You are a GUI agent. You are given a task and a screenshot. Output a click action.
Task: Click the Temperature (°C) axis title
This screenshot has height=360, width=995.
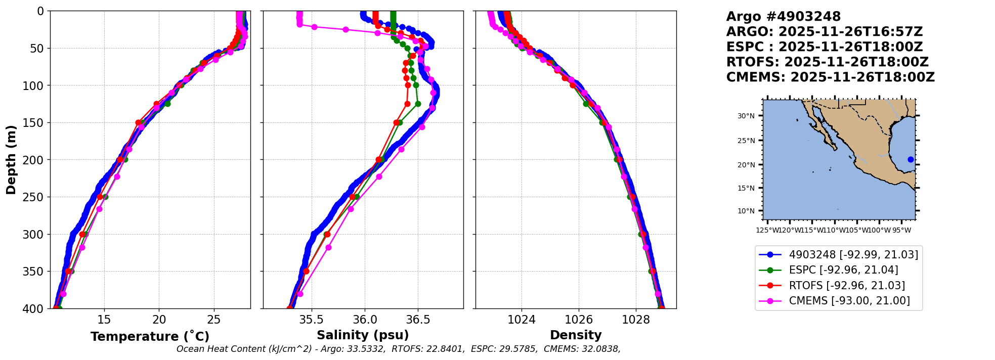[150, 337]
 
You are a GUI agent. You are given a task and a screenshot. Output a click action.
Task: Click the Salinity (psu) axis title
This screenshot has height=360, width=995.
[363, 335]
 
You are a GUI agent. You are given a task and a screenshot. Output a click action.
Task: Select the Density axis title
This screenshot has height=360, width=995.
[576, 335]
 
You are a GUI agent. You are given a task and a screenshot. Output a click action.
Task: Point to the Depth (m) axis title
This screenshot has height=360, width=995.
[11, 160]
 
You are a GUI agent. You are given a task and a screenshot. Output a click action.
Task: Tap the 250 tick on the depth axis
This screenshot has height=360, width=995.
[35, 197]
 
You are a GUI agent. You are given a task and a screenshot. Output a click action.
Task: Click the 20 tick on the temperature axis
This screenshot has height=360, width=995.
[159, 320]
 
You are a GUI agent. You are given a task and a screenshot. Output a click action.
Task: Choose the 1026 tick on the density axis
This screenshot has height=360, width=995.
[578, 320]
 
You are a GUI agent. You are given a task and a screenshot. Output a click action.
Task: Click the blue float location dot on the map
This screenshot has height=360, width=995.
[911, 159]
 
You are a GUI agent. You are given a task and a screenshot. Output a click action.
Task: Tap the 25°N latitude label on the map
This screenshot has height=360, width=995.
[746, 141]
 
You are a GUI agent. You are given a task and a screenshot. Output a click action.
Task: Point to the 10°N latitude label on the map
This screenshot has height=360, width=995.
[746, 211]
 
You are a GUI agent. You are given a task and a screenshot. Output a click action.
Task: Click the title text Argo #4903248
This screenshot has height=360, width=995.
[783, 17]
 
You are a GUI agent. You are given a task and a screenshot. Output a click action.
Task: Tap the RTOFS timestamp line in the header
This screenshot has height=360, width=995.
[827, 62]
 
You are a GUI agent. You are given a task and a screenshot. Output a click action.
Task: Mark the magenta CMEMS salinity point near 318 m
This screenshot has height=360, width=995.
[328, 247]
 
